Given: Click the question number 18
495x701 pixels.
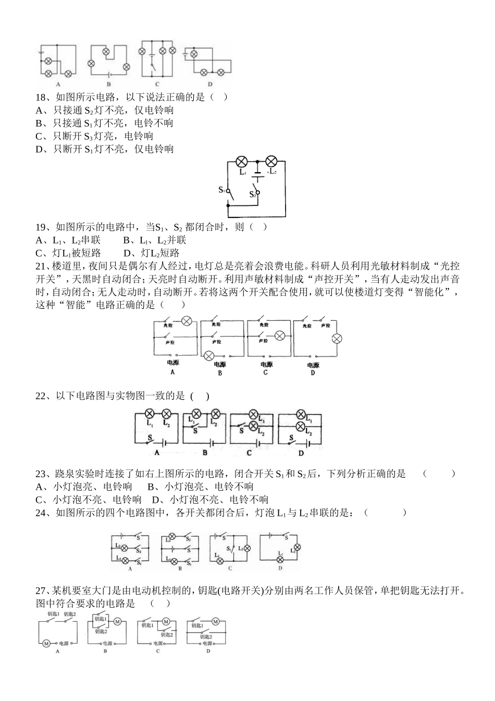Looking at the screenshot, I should [x=41, y=97].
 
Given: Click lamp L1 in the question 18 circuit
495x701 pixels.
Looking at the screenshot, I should [x=242, y=161].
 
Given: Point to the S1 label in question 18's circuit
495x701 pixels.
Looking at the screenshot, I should [x=221, y=190].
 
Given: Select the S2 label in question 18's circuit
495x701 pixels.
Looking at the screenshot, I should [x=252, y=194].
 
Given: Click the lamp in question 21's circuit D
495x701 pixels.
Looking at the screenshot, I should [x=337, y=339].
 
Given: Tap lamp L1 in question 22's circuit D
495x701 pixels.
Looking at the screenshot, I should [x=301, y=416].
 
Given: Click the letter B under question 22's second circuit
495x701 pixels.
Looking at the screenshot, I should [x=205, y=453].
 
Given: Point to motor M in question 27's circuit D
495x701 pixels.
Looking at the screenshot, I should [x=215, y=622].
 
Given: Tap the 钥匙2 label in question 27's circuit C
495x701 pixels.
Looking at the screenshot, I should [x=167, y=634].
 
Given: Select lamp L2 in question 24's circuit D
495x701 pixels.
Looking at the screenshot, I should [x=297, y=547].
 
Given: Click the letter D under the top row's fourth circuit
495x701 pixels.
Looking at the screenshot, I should [x=209, y=84].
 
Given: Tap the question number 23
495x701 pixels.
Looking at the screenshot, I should [x=41, y=474].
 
